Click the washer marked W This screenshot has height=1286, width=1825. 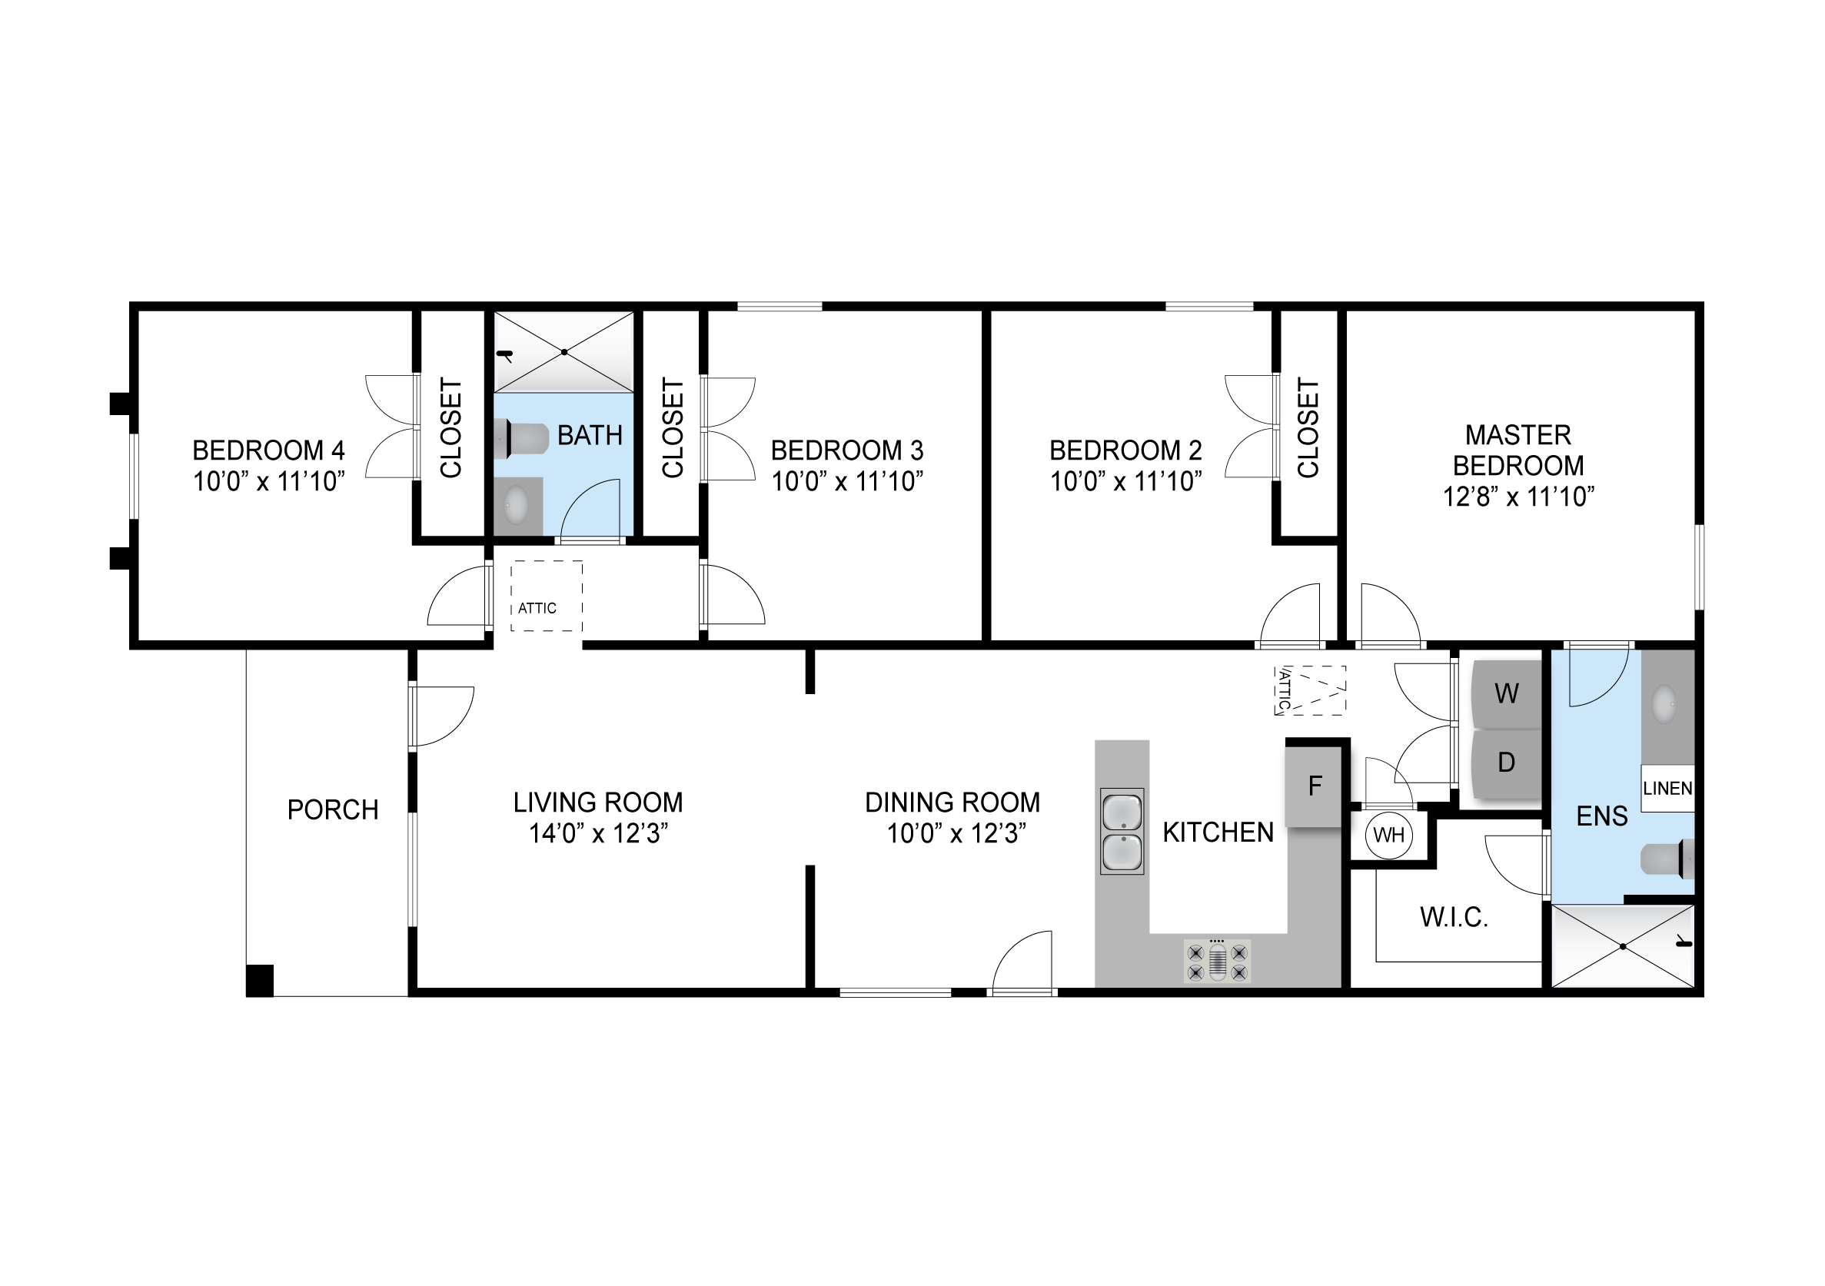pyautogui.click(x=1506, y=693)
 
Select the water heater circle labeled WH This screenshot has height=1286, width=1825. pyautogui.click(x=1388, y=836)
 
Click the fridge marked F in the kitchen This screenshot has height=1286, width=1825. pyautogui.click(x=1314, y=787)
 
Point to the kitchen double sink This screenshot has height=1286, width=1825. pyautogui.click(x=1122, y=832)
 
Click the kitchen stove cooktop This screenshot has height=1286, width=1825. pyautogui.click(x=1217, y=962)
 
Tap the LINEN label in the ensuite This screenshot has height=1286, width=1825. pyautogui.click(x=1667, y=789)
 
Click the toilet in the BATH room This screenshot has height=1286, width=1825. pyautogui.click(x=521, y=440)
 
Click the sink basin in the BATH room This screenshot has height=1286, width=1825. pyautogui.click(x=517, y=504)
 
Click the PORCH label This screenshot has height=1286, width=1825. pyautogui.click(x=332, y=810)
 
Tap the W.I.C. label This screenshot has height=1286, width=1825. pyautogui.click(x=1454, y=918)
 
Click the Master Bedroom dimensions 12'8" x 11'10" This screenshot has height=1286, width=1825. pyautogui.click(x=1518, y=497)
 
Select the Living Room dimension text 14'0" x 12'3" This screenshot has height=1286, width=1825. pyautogui.click(x=598, y=834)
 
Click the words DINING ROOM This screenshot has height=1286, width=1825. pyautogui.click(x=952, y=803)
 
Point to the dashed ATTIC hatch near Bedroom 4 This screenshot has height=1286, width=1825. pyautogui.click(x=547, y=596)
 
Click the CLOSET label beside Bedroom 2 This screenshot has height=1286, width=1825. pyautogui.click(x=1308, y=427)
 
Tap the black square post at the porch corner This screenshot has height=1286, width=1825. pyautogui.click(x=260, y=980)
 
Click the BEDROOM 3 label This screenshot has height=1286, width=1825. pyautogui.click(x=847, y=450)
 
